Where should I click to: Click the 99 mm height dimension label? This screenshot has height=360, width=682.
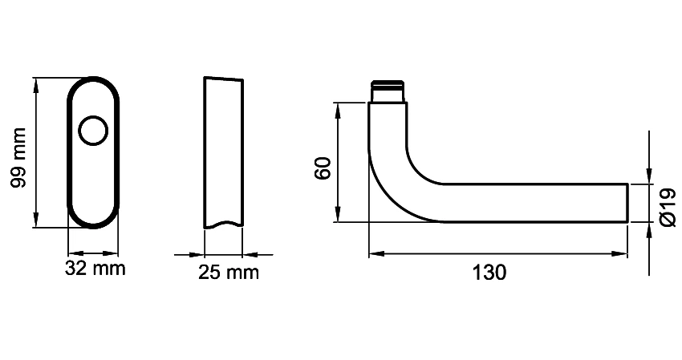coord(18,158)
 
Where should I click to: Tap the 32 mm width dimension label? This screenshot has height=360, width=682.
coord(95,269)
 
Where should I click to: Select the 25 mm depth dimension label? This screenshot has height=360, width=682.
coord(229,273)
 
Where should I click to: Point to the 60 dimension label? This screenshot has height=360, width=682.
coord(323,169)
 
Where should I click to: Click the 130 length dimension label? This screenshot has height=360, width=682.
coord(489,273)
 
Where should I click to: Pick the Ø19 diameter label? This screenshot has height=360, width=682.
coord(668,207)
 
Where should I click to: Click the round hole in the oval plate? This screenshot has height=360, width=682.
coord(92,131)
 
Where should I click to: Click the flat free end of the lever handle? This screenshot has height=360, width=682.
coord(627,203)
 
